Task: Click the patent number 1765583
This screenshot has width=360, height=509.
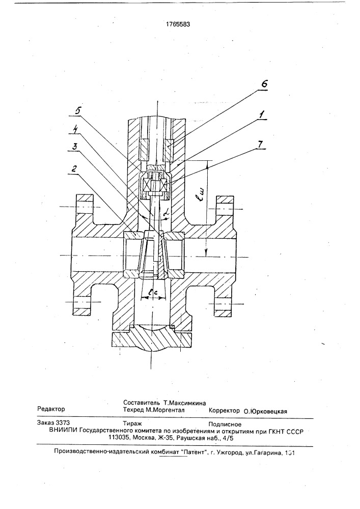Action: (x=178, y=24)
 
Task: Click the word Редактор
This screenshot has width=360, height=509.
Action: (x=51, y=409)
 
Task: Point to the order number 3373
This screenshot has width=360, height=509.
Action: (x=63, y=422)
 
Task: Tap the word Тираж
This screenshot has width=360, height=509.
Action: (x=132, y=423)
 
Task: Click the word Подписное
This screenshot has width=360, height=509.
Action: (x=225, y=425)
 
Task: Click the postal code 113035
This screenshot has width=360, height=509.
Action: (x=118, y=438)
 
